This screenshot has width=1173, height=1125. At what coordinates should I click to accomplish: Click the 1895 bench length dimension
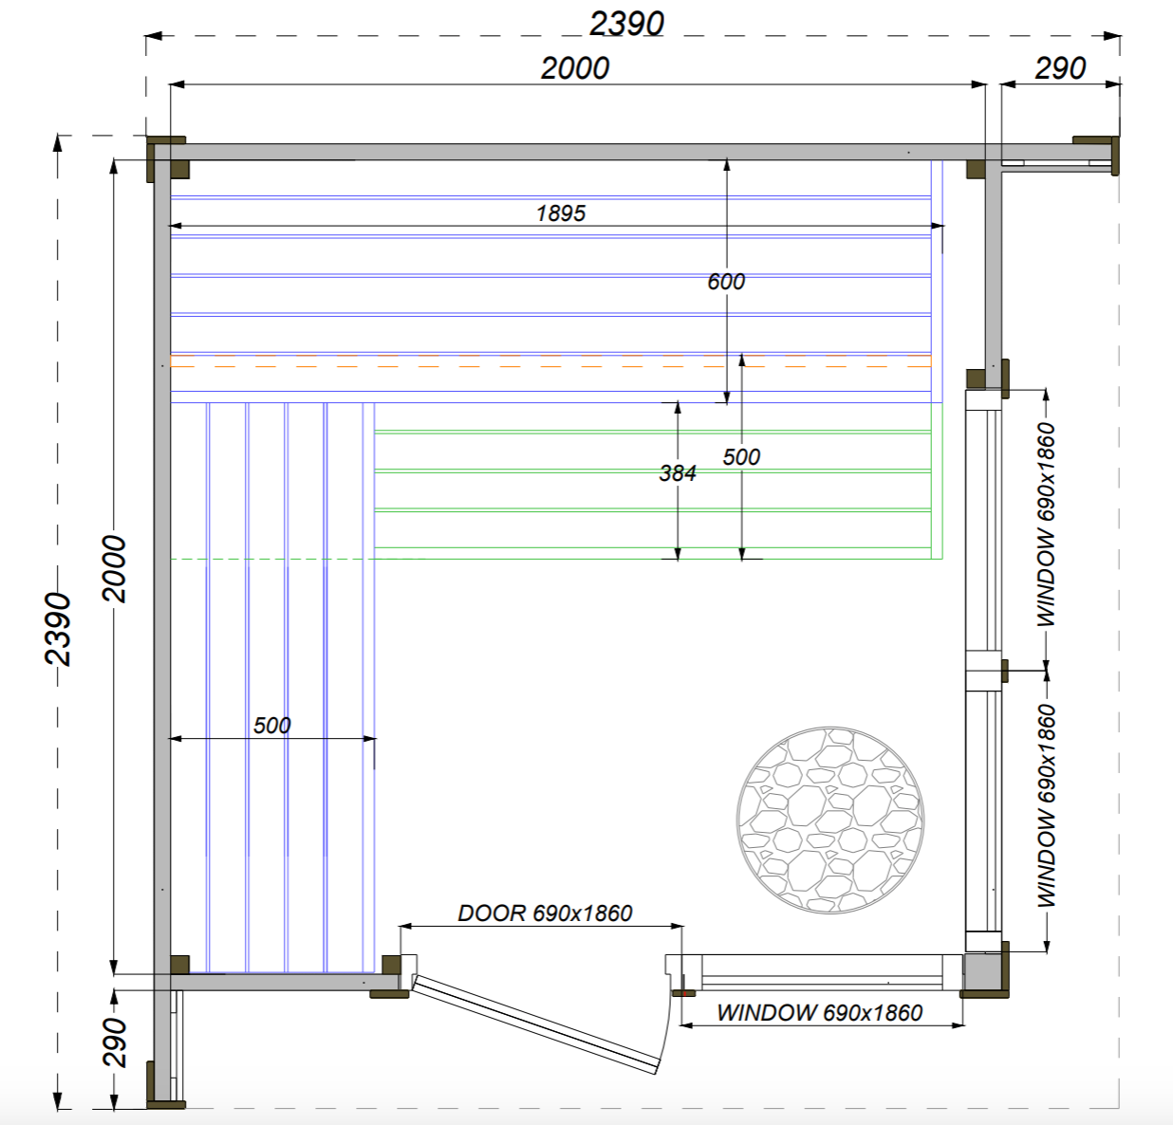click(x=561, y=213)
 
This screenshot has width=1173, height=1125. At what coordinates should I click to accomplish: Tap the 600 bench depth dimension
click(x=726, y=282)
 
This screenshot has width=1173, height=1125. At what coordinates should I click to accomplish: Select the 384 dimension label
click(x=678, y=473)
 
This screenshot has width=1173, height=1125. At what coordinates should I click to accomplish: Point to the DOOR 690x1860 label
click(x=545, y=913)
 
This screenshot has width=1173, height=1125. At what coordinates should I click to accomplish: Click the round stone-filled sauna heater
click(x=830, y=821)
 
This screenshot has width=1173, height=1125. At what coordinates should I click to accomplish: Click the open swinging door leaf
click(x=536, y=1024)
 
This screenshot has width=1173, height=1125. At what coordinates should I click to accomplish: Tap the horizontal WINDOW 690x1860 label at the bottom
click(x=820, y=1012)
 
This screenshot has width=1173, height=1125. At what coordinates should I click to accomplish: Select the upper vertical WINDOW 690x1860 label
click(x=1047, y=525)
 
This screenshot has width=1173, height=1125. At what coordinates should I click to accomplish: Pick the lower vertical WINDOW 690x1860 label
click(x=1047, y=805)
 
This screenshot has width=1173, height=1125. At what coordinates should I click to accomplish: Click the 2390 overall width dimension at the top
click(x=627, y=24)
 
